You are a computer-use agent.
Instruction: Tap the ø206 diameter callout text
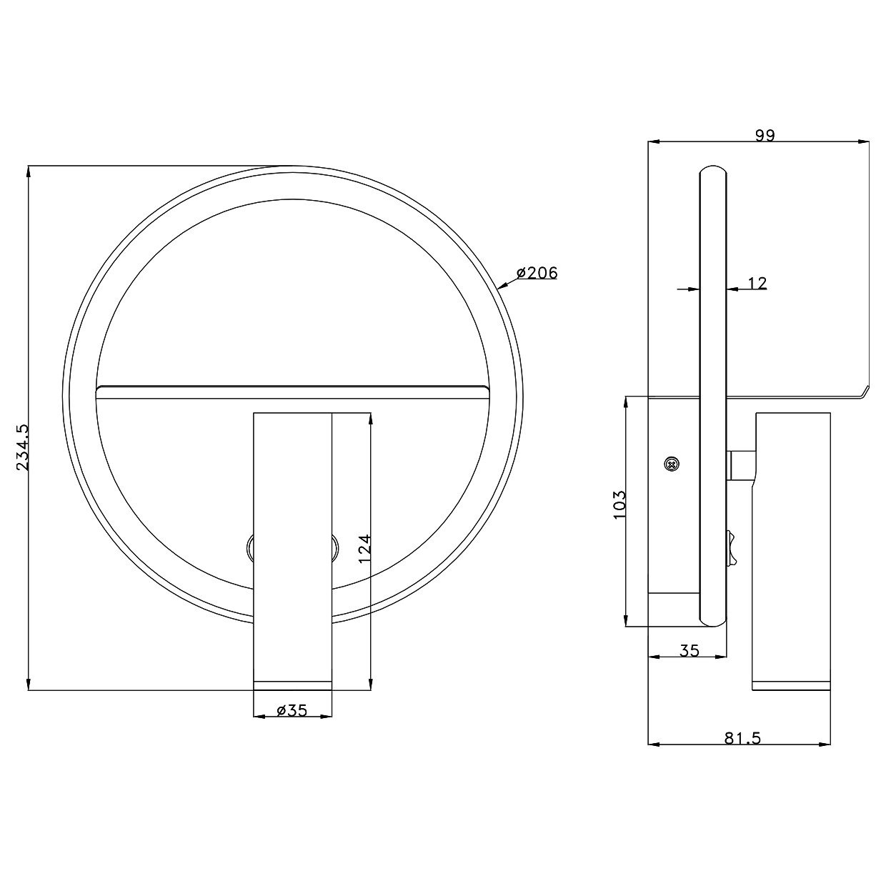click(536, 272)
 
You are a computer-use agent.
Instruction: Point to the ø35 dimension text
click(292, 710)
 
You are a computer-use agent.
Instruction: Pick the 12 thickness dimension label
click(757, 284)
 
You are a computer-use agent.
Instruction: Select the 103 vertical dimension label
click(619, 504)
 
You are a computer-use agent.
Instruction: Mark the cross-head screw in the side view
click(670, 464)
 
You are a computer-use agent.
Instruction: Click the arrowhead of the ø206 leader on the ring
click(501, 287)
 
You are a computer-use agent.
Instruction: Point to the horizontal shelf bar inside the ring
click(293, 389)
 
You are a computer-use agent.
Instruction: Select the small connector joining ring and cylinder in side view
click(741, 464)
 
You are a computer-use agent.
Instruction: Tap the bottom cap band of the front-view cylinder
click(293, 685)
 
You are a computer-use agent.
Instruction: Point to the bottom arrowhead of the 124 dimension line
click(372, 685)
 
